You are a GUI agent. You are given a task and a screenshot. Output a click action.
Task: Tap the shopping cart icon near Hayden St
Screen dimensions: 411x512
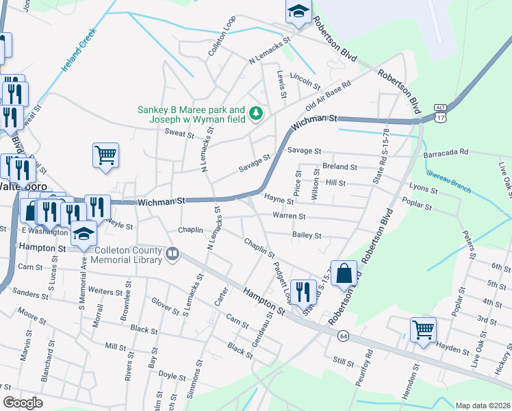coord(423,329)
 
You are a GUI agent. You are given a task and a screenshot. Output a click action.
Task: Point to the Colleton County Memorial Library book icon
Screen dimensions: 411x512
coord(172,255)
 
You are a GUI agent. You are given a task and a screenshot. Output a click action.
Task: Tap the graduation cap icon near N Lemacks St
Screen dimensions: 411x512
coord(298,12)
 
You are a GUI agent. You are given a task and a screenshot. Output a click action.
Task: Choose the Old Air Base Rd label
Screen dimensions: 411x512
coord(329,97)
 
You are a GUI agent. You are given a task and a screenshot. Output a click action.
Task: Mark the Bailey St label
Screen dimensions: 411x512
coord(307,235)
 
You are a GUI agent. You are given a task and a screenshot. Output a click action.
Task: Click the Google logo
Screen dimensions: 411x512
coord(23,403)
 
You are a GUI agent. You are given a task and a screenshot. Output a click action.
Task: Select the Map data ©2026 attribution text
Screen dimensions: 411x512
coord(483,406)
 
